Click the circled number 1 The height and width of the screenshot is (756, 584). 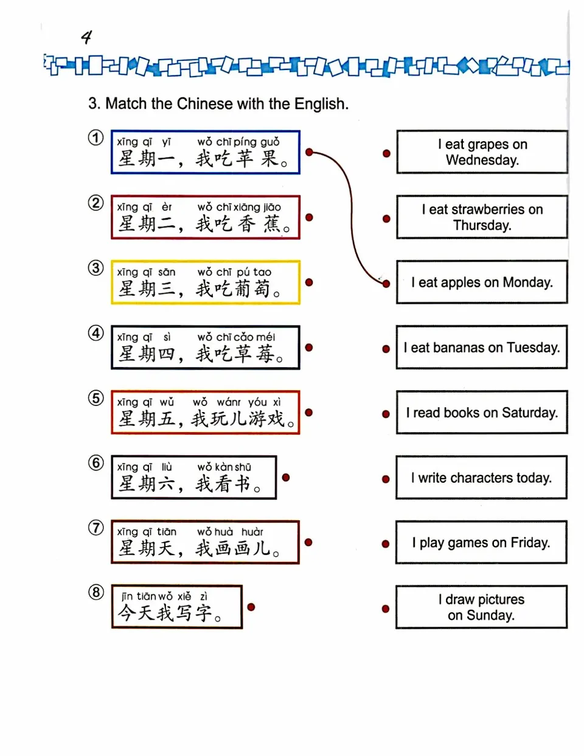pyautogui.click(x=96, y=138)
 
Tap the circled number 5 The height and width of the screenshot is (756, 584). pyautogui.click(x=96, y=398)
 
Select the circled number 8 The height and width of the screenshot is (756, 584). pyautogui.click(x=96, y=592)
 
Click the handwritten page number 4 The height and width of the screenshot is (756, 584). pyautogui.click(x=86, y=38)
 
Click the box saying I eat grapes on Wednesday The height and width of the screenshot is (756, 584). pyautogui.click(x=482, y=152)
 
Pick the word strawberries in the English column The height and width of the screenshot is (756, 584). pyautogui.click(x=485, y=209)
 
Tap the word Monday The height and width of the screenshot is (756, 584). pyautogui.click(x=527, y=282)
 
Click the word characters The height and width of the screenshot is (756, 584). pyautogui.click(x=482, y=478)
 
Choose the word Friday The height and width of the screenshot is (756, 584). pyautogui.click(x=530, y=542)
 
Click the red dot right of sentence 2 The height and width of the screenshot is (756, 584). pyautogui.click(x=309, y=217)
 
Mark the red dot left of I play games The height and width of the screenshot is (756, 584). pyautogui.click(x=386, y=544)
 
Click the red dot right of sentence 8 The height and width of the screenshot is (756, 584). pyautogui.click(x=251, y=607)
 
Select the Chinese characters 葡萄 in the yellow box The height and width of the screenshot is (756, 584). pyautogui.click(x=253, y=289)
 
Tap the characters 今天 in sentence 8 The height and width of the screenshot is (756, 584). pyautogui.click(x=136, y=613)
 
